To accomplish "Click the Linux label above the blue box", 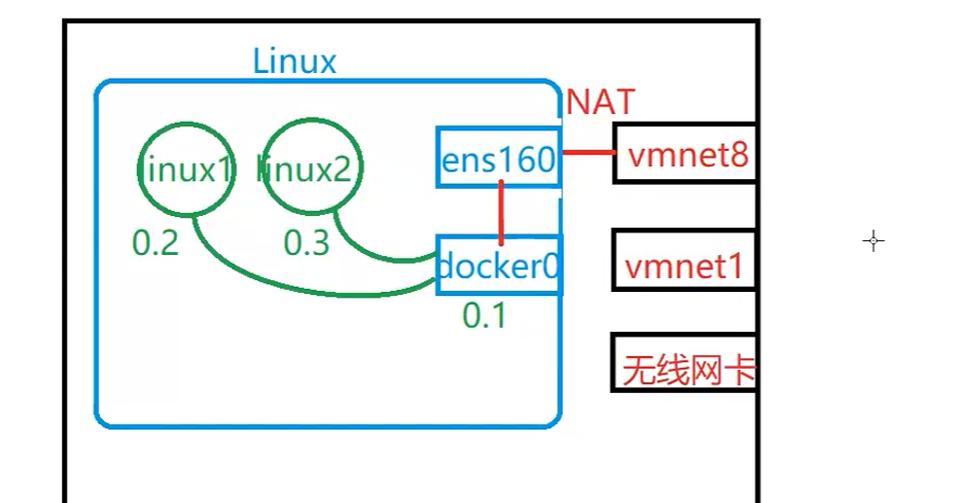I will (294, 61).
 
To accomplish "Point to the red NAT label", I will (600, 101).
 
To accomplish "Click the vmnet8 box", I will (685, 153).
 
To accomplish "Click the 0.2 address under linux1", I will (156, 243).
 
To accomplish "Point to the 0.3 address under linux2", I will (306, 243).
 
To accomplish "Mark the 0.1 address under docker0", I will (483, 314).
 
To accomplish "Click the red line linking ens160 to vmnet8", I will (587, 153).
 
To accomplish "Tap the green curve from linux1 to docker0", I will (292, 287).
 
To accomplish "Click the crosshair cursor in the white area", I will (873, 241).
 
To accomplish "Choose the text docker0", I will (498, 266).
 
